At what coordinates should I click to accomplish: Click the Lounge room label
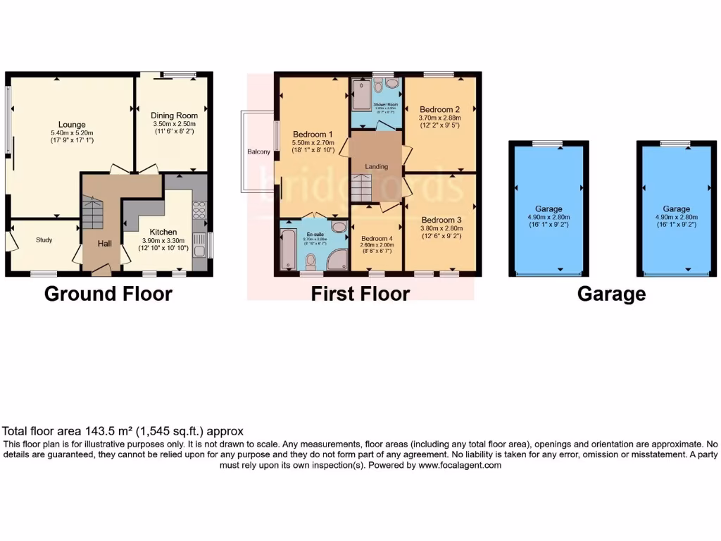pos(72,124)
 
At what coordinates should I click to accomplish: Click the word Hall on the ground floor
pos(104,244)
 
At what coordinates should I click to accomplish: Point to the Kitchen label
pos(163,232)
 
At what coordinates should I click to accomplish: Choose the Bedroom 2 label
pos(439,110)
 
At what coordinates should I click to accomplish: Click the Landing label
pos(376,166)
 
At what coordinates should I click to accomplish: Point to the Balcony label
pos(258,152)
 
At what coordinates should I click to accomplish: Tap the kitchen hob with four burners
pos(199,210)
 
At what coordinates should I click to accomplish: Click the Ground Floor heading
pos(108,294)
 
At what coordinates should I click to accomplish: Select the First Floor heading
pos(360,294)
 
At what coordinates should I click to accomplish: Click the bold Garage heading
pos(611,294)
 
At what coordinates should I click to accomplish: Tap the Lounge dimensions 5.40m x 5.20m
pos(72,133)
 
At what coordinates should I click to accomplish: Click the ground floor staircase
pos(92,211)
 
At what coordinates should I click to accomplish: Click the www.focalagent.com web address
pos(460,465)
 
